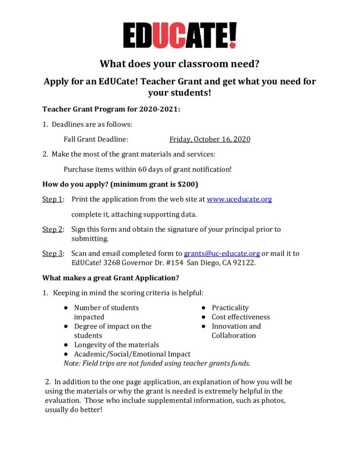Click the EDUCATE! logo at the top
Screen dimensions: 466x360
coord(180,35)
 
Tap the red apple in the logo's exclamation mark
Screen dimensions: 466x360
coord(233,45)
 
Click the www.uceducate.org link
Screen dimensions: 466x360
coord(239,199)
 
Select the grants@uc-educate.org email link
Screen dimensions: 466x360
coord(222,253)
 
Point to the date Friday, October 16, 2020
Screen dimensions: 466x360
coord(210,139)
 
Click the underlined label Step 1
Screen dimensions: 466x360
coord(52,199)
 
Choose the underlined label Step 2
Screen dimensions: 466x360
coord(52,229)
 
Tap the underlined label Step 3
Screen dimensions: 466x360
coord(52,253)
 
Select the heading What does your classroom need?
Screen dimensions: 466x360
coord(179,64)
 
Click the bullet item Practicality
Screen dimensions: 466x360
coord(230,308)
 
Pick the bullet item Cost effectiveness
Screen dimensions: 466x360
coord(240,317)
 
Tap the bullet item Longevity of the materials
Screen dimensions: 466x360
coord(117,344)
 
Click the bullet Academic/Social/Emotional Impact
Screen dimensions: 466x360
coord(132,354)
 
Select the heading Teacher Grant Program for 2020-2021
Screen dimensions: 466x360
coord(111,109)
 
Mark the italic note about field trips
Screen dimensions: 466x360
coord(157,363)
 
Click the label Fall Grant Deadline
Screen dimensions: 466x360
coord(96,139)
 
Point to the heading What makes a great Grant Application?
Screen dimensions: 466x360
coord(110,278)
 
